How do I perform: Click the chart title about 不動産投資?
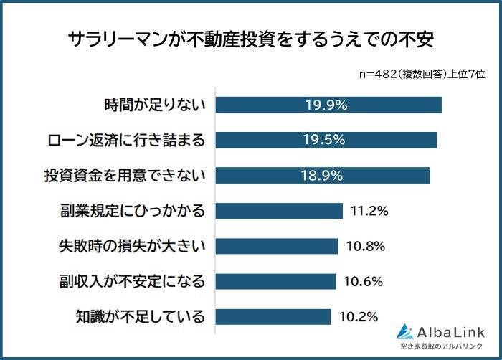coord(251,38)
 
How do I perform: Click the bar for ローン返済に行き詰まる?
coord(326,140)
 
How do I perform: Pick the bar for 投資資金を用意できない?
coord(322,175)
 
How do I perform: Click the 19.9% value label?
coord(326,105)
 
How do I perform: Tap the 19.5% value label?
coord(325,140)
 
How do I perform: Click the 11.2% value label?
coord(369,211)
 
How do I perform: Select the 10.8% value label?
coord(365,246)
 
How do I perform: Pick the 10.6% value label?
coord(364,281)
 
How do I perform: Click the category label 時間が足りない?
coord(155,105)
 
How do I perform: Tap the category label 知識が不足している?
coord(141,316)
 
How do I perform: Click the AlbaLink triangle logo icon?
coord(405,331)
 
